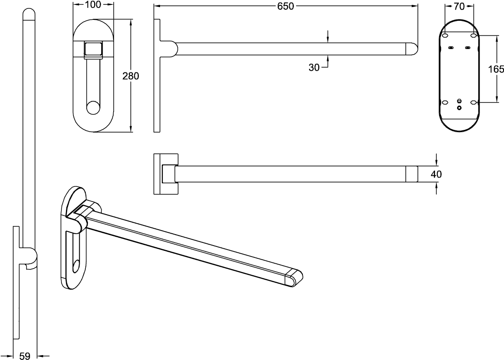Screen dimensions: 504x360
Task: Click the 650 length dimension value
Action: [x=286, y=6]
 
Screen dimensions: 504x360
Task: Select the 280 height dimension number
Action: [x=131, y=76]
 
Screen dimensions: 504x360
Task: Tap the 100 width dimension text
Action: [x=94, y=4]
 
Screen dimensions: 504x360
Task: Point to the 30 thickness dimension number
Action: [x=314, y=68]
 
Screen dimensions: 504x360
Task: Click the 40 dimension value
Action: [x=436, y=174]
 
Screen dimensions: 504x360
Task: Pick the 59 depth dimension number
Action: [x=25, y=356]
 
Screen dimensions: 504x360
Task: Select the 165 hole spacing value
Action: [x=496, y=69]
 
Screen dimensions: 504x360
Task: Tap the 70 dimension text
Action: [x=460, y=6]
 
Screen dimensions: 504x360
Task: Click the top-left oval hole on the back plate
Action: [x=445, y=35]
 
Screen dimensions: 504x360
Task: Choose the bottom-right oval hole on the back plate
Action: [x=473, y=102]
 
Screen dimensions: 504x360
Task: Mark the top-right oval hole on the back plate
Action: [x=473, y=35]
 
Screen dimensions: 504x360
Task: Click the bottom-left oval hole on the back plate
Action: [x=445, y=102]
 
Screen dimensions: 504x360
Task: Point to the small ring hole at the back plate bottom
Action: [x=459, y=108]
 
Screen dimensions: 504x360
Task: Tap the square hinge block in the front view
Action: [x=93, y=50]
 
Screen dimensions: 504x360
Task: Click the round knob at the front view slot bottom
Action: [x=93, y=108]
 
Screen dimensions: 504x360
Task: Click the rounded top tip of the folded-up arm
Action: [x=29, y=15]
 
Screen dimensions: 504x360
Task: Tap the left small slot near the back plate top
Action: [x=451, y=48]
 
